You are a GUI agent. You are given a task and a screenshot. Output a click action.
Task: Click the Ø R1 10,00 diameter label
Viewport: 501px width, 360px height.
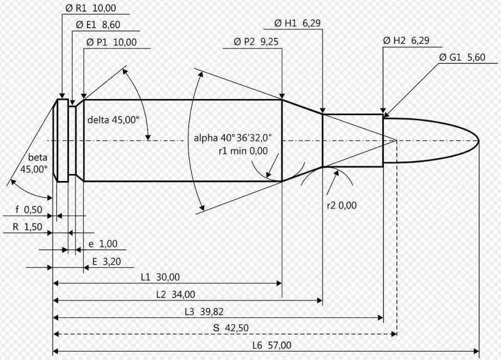click(x=91, y=8)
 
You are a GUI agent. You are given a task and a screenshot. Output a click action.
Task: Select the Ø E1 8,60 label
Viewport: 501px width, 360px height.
click(x=98, y=25)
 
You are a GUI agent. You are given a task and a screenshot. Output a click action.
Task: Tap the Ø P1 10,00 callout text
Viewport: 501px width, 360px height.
click(x=111, y=42)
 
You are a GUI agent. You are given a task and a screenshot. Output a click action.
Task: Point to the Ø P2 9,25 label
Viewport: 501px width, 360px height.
click(x=256, y=42)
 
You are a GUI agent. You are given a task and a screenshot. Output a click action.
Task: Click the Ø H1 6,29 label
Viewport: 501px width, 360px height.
click(x=297, y=23)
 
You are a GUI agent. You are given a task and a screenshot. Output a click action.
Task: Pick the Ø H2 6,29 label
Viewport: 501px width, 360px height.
click(x=406, y=41)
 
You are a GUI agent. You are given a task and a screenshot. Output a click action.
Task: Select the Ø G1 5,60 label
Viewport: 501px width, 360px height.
click(x=462, y=58)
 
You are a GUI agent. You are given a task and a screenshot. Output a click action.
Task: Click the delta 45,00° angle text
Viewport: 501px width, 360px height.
click(x=113, y=120)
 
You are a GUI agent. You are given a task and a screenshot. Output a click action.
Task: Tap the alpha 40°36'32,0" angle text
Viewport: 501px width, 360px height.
click(x=233, y=138)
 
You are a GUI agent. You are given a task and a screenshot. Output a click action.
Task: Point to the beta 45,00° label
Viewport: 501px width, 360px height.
click(x=34, y=163)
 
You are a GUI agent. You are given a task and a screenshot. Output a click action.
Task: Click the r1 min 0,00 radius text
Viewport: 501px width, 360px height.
click(x=243, y=151)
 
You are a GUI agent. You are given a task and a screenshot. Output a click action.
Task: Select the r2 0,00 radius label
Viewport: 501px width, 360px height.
click(x=341, y=205)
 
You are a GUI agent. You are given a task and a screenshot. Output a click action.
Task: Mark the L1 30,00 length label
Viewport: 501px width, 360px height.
click(x=160, y=277)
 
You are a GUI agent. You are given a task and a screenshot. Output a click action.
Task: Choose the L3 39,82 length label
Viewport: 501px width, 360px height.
click(x=204, y=311)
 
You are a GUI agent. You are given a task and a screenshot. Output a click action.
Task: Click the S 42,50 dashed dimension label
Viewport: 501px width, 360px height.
click(x=230, y=328)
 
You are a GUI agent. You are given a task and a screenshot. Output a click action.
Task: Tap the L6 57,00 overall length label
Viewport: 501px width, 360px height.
click(x=272, y=346)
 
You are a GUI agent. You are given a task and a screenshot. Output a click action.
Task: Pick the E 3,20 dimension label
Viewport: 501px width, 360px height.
click(x=106, y=262)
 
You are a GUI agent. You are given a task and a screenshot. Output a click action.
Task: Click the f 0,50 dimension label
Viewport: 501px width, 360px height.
click(x=29, y=210)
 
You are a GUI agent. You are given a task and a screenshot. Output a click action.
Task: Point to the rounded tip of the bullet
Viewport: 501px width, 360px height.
click(x=478, y=140)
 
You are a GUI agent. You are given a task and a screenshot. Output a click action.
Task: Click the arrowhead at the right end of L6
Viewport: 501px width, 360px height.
click(x=477, y=352)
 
